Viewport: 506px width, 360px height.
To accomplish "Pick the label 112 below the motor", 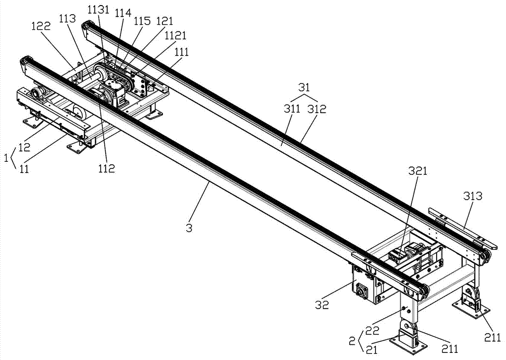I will click(107, 168).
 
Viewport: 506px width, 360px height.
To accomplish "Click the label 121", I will click(165, 21).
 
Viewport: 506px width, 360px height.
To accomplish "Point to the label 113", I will click(67, 18).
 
